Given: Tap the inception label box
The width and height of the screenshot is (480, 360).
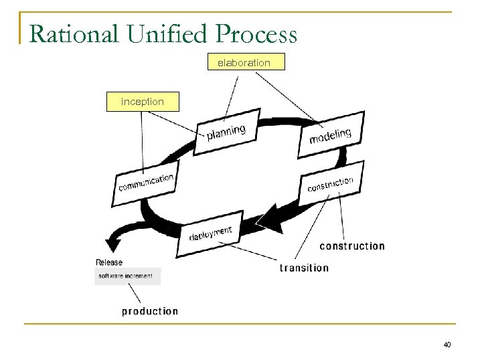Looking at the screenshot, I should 142,102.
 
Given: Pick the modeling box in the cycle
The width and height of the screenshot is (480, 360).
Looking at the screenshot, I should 330,136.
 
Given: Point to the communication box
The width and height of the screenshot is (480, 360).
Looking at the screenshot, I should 146,182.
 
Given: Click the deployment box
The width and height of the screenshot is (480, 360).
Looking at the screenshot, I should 210,235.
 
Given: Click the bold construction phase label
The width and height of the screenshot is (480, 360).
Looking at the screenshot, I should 352,246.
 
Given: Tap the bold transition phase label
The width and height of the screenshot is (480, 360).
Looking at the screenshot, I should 304,268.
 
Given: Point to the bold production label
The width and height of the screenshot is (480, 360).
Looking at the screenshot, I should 150,311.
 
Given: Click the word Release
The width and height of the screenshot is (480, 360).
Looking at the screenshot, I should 109,262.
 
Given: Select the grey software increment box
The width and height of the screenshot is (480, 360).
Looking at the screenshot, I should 127,276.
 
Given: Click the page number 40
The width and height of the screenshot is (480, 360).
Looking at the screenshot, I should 447,345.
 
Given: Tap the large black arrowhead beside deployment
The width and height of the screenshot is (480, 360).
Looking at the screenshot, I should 270,218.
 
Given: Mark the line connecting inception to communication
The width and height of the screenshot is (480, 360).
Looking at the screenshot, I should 142,141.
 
